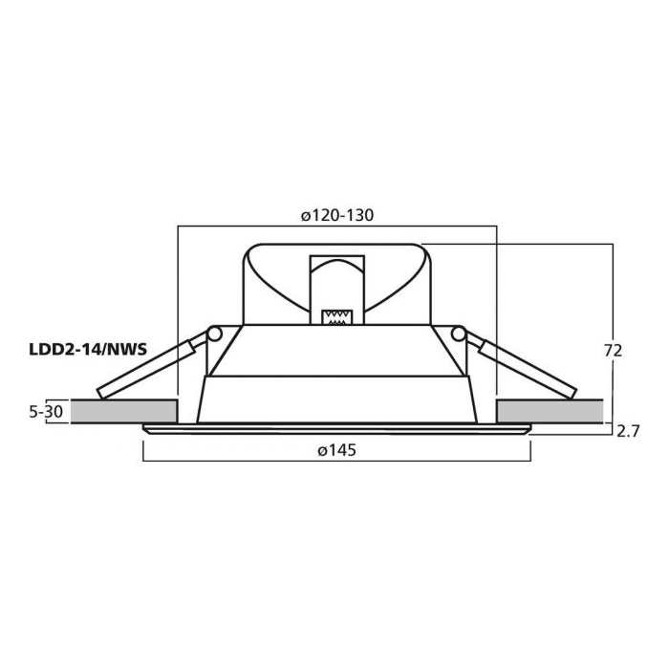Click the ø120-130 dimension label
(x=337, y=215)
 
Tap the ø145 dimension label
(x=336, y=450)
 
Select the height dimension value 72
(x=614, y=351)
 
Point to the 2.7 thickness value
(x=628, y=432)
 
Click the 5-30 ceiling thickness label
(x=46, y=412)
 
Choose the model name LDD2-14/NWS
(x=88, y=350)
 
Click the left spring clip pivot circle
(x=215, y=334)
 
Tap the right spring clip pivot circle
(x=459, y=334)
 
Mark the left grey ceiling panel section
(x=123, y=411)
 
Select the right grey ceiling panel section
(x=550, y=411)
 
